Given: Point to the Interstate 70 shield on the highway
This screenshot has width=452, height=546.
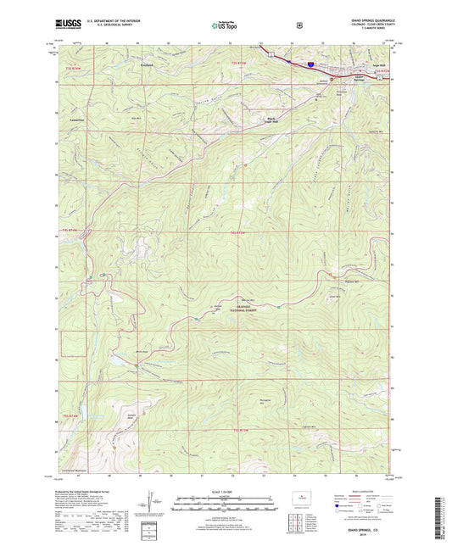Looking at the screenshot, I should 311,63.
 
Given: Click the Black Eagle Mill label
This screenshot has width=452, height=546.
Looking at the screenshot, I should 272,120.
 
